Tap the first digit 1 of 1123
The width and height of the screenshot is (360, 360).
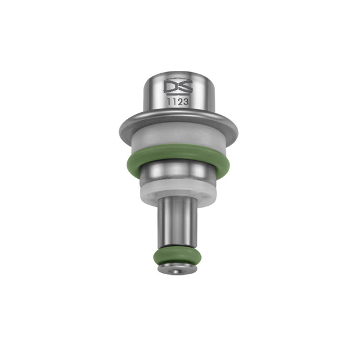pos(170,103)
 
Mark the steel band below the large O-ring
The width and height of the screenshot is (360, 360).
pos(179,176)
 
